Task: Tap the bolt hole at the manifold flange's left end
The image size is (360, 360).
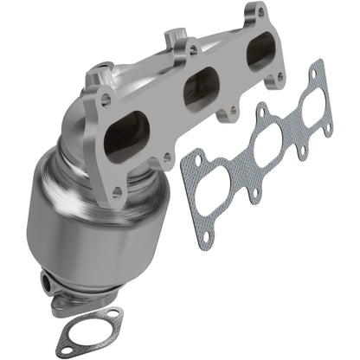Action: point(106,100)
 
